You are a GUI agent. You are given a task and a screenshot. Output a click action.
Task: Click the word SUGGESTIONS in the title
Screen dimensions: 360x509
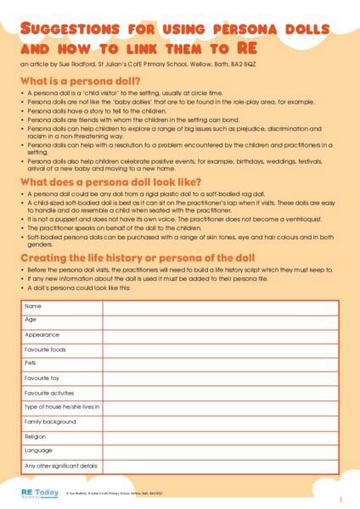tap(62, 30)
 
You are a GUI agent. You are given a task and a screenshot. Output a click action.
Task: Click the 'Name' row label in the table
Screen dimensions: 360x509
tap(33, 305)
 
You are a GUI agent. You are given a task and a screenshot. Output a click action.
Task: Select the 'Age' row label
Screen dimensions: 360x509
tap(31, 320)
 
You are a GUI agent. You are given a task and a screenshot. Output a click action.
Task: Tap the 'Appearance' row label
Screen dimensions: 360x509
tap(42, 335)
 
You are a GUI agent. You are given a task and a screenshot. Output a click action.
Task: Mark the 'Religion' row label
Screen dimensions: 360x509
tap(36, 436)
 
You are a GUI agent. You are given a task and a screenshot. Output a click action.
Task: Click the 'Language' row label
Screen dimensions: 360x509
tap(38, 450)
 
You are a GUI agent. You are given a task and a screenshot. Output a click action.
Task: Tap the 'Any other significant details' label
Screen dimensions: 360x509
tap(61, 466)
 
